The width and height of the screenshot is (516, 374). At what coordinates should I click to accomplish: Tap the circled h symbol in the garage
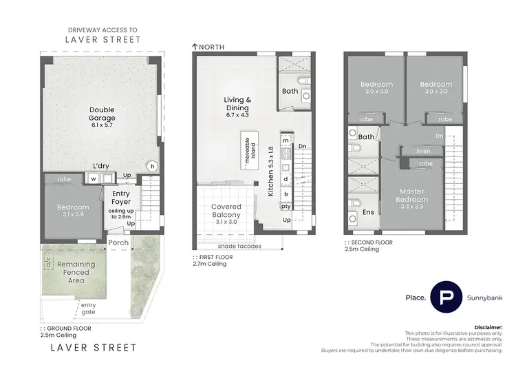[152, 166]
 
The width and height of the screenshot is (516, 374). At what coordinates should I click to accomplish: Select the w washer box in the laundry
[92, 178]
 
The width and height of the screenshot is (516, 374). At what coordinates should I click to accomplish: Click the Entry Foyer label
[121, 198]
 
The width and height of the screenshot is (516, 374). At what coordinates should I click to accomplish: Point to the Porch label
[118, 243]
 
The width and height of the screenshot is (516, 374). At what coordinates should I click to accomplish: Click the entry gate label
[88, 309]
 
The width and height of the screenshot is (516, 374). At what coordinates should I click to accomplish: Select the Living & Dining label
[237, 103]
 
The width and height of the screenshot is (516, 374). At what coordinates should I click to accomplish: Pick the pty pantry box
[286, 206]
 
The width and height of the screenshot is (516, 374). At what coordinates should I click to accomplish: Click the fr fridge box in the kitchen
[286, 194]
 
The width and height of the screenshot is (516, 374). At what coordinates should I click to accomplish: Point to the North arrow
[195, 47]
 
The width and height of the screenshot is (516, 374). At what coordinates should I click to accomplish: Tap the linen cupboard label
[424, 152]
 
